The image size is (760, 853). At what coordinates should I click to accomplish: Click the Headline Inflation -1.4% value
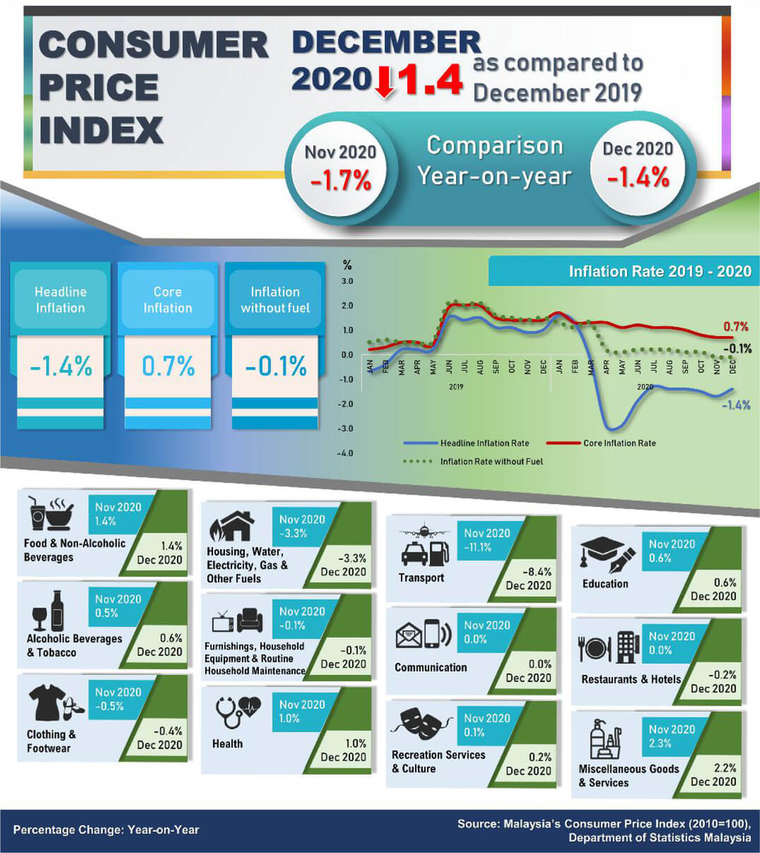pyautogui.click(x=61, y=366)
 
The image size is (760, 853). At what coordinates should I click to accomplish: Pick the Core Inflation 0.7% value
pyautogui.click(x=168, y=366)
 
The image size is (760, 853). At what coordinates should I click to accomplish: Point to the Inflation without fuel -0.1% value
pyautogui.click(x=275, y=366)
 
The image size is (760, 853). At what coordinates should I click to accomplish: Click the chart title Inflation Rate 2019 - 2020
pyautogui.click(x=659, y=272)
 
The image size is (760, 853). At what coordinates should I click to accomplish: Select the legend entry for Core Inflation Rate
pyautogui.click(x=619, y=443)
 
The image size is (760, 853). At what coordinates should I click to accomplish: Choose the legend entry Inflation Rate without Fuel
pyautogui.click(x=491, y=461)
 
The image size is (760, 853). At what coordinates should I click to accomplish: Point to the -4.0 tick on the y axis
pyautogui.click(x=346, y=453)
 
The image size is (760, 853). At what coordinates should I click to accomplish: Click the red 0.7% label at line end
pyautogui.click(x=735, y=327)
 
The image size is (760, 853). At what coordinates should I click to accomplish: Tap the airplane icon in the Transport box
pyautogui.click(x=424, y=531)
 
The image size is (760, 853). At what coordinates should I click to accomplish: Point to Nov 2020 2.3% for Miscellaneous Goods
pyautogui.click(x=671, y=736)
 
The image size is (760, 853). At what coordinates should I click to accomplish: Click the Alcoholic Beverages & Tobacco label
pyautogui.click(x=74, y=646)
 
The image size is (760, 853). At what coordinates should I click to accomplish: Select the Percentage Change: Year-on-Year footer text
pyautogui.click(x=106, y=830)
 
